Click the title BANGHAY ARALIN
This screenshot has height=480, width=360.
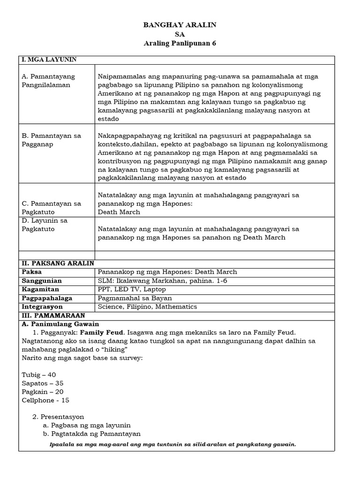tap(180, 25)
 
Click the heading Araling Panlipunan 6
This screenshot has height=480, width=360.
tap(180, 43)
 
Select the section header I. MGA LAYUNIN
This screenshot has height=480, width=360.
tap(49, 60)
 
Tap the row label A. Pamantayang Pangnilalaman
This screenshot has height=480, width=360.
tap(48, 81)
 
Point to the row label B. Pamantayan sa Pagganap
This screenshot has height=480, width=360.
tap(52, 140)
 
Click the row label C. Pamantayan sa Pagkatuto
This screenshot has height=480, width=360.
tap(52, 208)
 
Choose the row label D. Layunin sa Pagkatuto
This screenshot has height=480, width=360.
tap(45, 225)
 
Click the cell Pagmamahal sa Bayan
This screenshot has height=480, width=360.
tap(135, 298)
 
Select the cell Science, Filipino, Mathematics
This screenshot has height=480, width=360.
tap(147, 307)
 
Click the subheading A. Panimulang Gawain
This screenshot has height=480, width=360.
tap(60, 324)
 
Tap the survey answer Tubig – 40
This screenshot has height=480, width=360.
tap(38, 375)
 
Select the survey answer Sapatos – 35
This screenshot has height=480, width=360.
tap(43, 383)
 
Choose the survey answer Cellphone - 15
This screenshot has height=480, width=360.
tap(45, 400)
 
